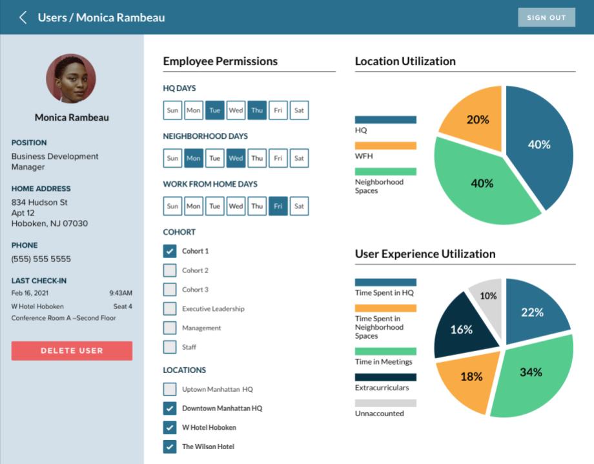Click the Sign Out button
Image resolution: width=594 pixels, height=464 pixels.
tap(546, 17)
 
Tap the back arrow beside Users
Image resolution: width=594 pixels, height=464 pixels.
tap(23, 17)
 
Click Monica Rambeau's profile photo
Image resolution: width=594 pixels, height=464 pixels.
tap(71, 79)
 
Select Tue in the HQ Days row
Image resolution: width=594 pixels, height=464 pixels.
tap(215, 110)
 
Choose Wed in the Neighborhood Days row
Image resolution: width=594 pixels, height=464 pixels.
tap(236, 158)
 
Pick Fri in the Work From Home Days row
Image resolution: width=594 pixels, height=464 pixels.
tap(278, 206)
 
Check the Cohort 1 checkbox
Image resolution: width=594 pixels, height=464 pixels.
tap(170, 251)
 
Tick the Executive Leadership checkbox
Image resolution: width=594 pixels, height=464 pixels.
tap(170, 308)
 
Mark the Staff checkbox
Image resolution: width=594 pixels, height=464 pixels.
tap(170, 347)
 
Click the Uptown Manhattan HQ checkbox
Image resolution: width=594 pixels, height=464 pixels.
tap(170, 389)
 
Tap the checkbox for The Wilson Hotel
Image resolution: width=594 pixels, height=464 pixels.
tap(170, 447)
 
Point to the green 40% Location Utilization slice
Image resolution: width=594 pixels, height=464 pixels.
tap(481, 184)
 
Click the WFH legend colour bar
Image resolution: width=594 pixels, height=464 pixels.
tap(385, 146)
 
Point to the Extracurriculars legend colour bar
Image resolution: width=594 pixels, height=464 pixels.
tap(385, 378)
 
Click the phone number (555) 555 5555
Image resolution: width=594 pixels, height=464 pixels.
tap(41, 259)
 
